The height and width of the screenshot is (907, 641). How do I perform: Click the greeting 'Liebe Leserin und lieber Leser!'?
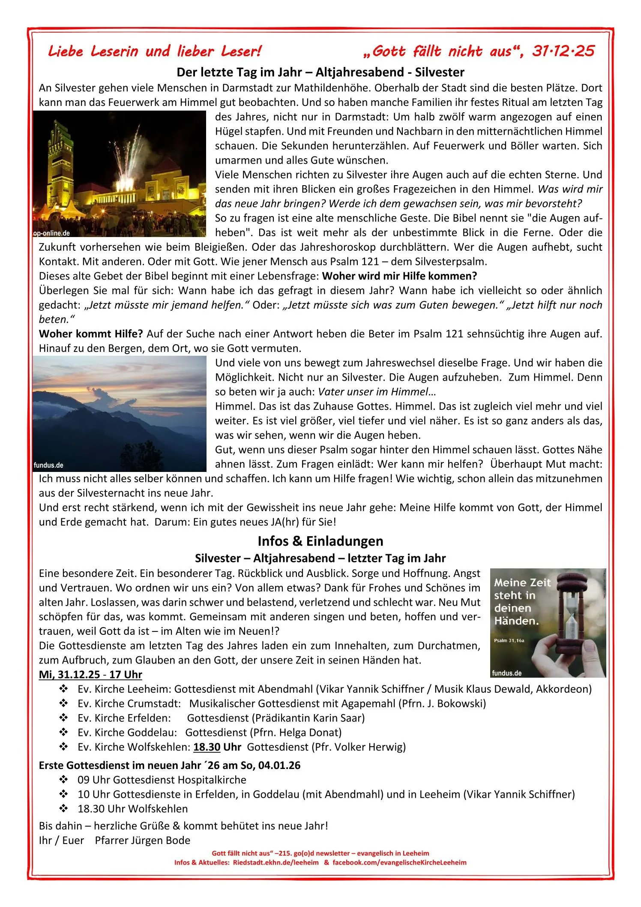point(155,51)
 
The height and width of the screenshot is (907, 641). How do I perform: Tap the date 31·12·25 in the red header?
point(563,51)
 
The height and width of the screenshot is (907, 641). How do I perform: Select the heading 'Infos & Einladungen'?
point(320,541)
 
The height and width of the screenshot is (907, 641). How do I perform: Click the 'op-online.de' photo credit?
point(51,233)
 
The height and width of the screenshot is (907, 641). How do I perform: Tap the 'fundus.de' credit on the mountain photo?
point(48,465)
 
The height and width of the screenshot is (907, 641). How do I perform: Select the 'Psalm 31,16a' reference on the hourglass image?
point(509,640)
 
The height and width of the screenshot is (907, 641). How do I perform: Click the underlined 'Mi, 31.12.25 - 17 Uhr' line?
point(90,674)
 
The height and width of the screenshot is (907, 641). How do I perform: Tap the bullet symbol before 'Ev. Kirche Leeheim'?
point(64,689)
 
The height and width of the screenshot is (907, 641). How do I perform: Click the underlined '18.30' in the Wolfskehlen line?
point(207,747)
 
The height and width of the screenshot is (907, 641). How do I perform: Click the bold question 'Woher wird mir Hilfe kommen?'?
point(399,276)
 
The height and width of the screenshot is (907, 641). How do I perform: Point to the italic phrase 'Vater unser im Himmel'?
point(373,392)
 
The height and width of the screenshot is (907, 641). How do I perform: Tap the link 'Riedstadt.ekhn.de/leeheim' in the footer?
point(276,862)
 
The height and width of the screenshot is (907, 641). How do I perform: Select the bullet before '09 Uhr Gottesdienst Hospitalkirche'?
point(64,780)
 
